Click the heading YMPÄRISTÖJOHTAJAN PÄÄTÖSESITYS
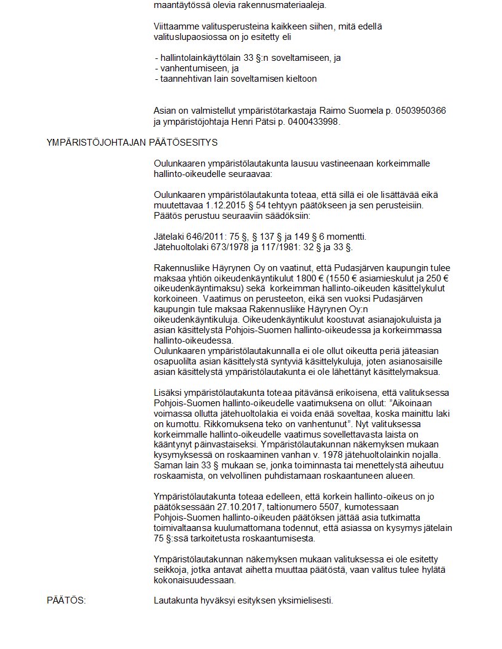(x=132, y=143)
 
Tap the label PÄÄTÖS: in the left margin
(x=66, y=600)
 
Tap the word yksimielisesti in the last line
(x=305, y=600)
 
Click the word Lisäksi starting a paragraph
(x=168, y=392)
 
